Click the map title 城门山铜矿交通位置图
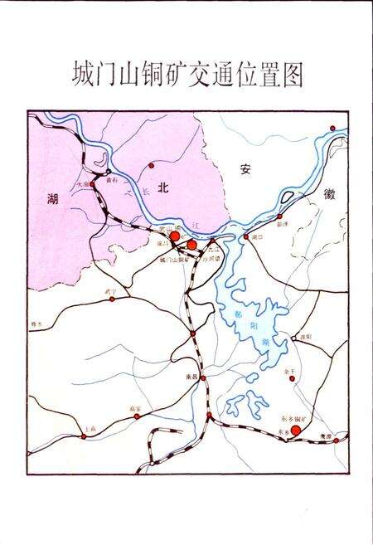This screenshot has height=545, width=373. pos(186,74)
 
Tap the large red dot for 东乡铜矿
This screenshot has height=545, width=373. pos(296,430)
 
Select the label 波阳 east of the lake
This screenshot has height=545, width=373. pos(306,336)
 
